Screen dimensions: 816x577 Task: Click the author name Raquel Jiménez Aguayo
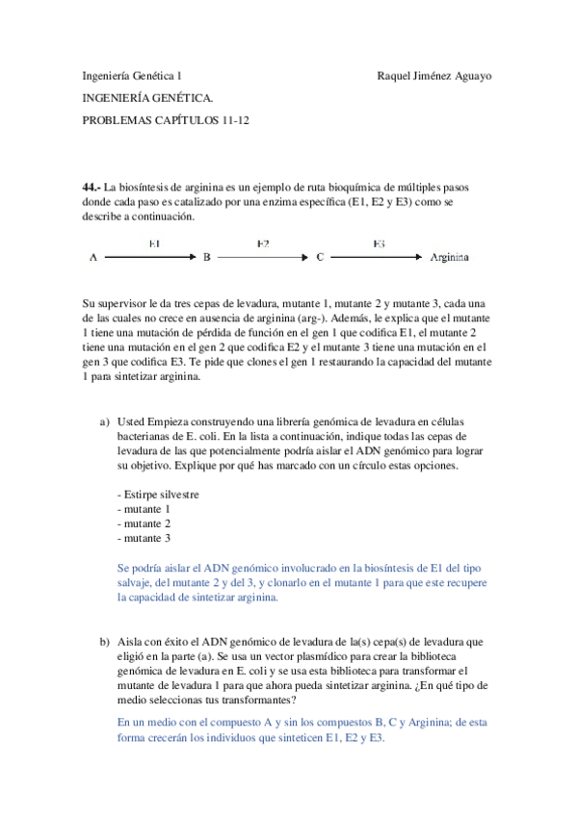(x=433, y=76)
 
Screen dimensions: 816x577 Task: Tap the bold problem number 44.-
(x=92, y=186)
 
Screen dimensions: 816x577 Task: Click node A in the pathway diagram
(x=93, y=258)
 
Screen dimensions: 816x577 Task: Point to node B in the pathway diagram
(x=206, y=258)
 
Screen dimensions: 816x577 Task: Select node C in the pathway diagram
(x=320, y=258)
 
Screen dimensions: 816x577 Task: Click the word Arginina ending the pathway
(x=450, y=258)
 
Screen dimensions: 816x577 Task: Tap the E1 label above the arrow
(x=154, y=243)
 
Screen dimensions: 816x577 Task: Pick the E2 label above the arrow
(x=263, y=243)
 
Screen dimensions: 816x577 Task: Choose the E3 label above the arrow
(x=379, y=243)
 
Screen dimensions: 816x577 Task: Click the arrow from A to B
(x=149, y=258)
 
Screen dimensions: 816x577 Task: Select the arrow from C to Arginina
(x=377, y=258)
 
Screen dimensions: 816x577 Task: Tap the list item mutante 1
(x=144, y=509)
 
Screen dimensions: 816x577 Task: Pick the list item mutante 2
(x=144, y=523)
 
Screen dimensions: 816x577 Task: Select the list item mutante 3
(x=144, y=538)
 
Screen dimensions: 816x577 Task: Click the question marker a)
(x=105, y=422)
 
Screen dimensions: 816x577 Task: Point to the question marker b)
(x=105, y=641)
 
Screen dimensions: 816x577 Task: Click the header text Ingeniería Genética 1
(x=132, y=76)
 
